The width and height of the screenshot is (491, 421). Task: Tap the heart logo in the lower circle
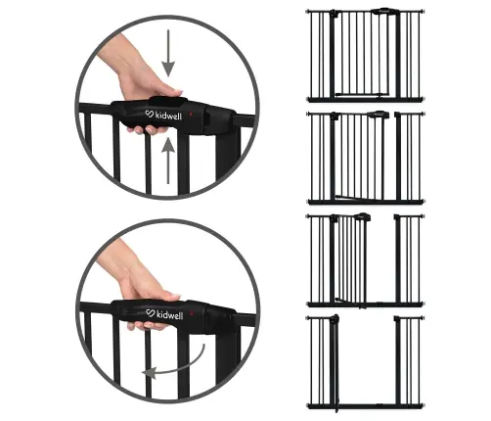pyautogui.click(x=149, y=314)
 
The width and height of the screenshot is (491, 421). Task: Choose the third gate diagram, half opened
pyautogui.click(x=366, y=258)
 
